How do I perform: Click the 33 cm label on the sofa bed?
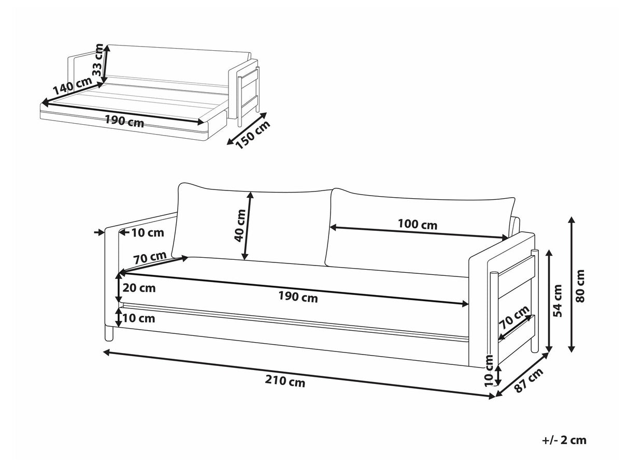coord(97,60)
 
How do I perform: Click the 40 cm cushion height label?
coord(239,226)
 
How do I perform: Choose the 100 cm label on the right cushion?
coord(417,225)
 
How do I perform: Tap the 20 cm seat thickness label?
coord(139,288)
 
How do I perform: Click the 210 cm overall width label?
coord(285,382)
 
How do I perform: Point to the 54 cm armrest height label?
coord(557,300)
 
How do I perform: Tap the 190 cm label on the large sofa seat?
coord(298,298)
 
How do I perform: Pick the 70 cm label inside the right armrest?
coord(514,318)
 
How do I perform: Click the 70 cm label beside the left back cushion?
coord(149,257)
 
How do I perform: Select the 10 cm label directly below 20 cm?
coord(139,318)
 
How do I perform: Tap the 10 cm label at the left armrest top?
coord(147,232)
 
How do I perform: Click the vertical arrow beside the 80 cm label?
coord(571,284)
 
